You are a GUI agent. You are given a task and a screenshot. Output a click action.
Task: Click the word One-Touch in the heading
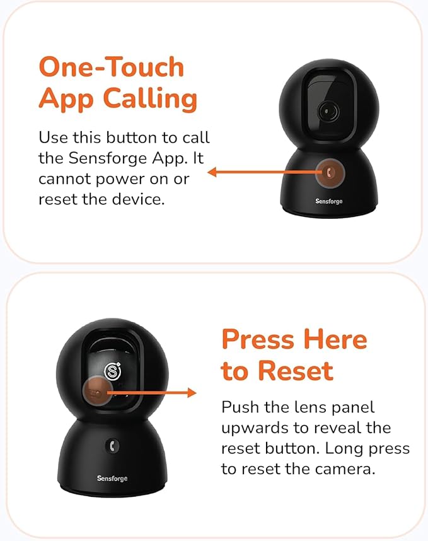pyautogui.click(x=112, y=67)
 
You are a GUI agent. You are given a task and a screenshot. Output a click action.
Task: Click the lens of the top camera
pyautogui.click(x=328, y=111)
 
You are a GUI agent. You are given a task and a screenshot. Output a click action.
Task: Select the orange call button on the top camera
pyautogui.click(x=330, y=173)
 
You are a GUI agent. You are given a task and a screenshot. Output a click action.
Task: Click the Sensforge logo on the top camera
pyautogui.click(x=328, y=201)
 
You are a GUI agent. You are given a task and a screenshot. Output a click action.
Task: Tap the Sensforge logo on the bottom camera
pyautogui.click(x=112, y=478)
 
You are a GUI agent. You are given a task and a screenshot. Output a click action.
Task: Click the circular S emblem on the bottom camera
pyautogui.click(x=113, y=371)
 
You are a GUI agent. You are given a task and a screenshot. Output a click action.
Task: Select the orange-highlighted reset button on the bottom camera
pyautogui.click(x=97, y=392)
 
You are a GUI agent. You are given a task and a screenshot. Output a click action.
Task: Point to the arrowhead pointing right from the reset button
pyautogui.click(x=192, y=393)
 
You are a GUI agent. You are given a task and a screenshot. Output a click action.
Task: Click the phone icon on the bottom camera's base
pyautogui.click(x=112, y=446)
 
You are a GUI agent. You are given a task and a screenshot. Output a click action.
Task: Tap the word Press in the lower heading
pyautogui.click(x=257, y=339)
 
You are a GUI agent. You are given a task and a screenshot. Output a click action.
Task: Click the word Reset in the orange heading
pyautogui.click(x=296, y=371)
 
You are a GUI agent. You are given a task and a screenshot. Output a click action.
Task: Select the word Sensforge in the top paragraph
pyautogui.click(x=108, y=158)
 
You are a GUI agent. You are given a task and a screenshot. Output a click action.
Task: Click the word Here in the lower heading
pyautogui.click(x=335, y=339)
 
